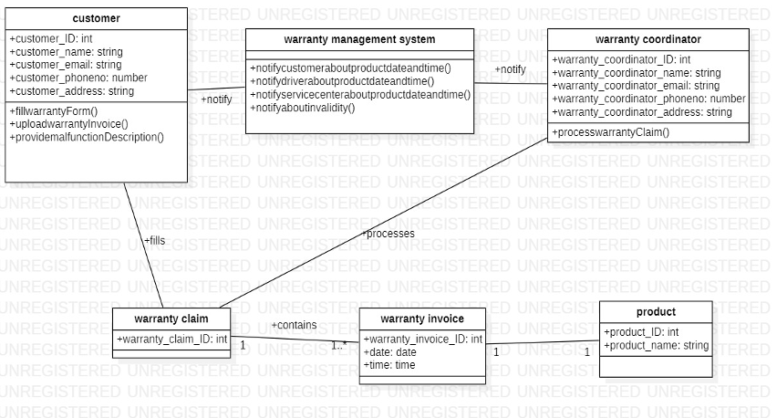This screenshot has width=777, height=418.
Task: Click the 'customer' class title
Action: tap(96, 18)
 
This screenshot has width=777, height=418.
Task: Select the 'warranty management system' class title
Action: tap(359, 39)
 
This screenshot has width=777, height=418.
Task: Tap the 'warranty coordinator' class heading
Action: tap(647, 39)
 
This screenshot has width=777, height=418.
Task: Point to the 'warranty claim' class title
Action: tap(171, 319)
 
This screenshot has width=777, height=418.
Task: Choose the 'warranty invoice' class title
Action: tap(421, 319)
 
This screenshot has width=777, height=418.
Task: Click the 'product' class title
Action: tap(656, 311)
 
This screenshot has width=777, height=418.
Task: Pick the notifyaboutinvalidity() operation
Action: tap(303, 108)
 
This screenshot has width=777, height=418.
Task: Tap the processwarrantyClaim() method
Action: tap(610, 132)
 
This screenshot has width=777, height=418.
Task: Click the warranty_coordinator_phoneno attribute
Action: tap(648, 99)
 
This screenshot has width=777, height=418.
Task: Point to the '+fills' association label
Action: tap(154, 241)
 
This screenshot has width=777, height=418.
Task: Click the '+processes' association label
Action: tap(388, 234)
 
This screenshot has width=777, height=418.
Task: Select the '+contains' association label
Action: tap(294, 325)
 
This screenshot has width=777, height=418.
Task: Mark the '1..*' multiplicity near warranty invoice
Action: tap(338, 346)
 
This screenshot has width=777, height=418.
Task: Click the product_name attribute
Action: tap(656, 345)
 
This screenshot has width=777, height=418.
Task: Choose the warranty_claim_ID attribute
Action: tap(171, 340)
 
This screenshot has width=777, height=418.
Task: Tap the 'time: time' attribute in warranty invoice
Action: tap(389, 365)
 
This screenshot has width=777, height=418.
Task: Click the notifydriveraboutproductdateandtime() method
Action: tap(355, 80)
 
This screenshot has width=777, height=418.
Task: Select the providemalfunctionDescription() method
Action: tap(87, 137)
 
